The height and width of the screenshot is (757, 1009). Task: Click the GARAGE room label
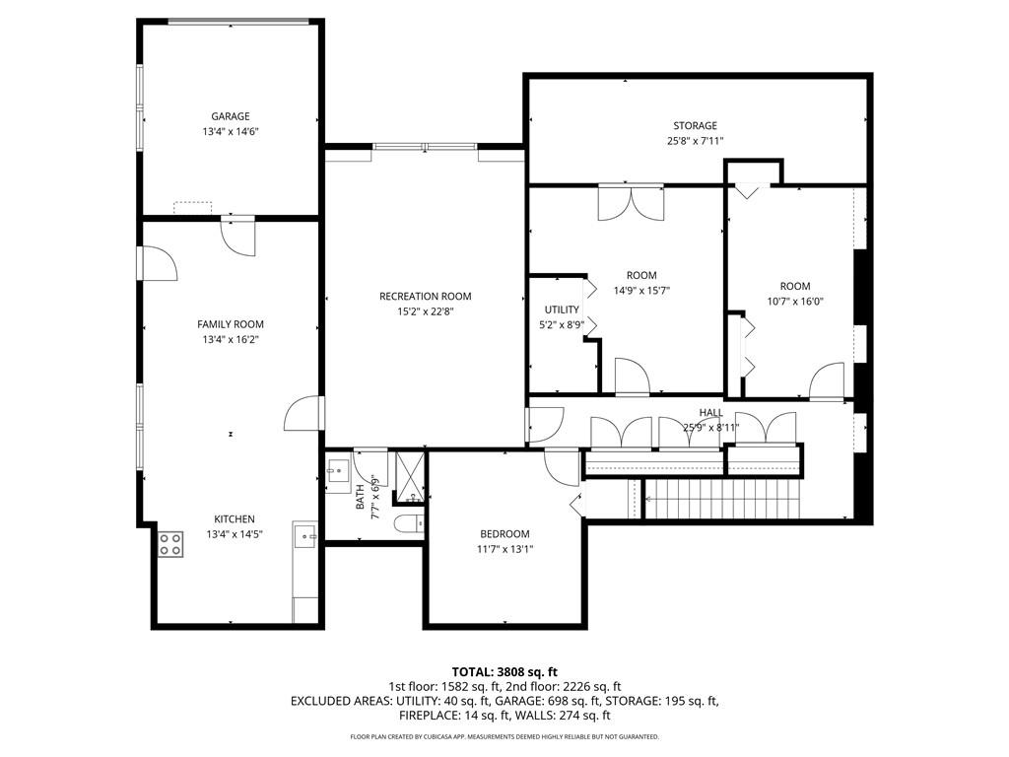(230, 116)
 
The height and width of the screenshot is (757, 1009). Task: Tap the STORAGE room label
(695, 125)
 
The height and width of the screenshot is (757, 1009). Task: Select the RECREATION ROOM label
(425, 296)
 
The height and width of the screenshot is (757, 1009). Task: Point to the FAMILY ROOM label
(230, 324)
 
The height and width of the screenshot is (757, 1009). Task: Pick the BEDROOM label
(504, 534)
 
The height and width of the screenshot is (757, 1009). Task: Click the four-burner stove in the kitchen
(169, 543)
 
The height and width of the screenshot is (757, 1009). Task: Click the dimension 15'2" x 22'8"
(425, 311)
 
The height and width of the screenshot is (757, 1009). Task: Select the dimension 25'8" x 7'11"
(695, 141)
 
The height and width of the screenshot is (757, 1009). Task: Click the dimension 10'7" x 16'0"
(794, 303)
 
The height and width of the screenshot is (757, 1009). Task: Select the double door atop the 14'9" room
(631, 201)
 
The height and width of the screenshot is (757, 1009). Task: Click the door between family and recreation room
(304, 414)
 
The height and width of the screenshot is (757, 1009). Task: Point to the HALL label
(710, 413)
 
